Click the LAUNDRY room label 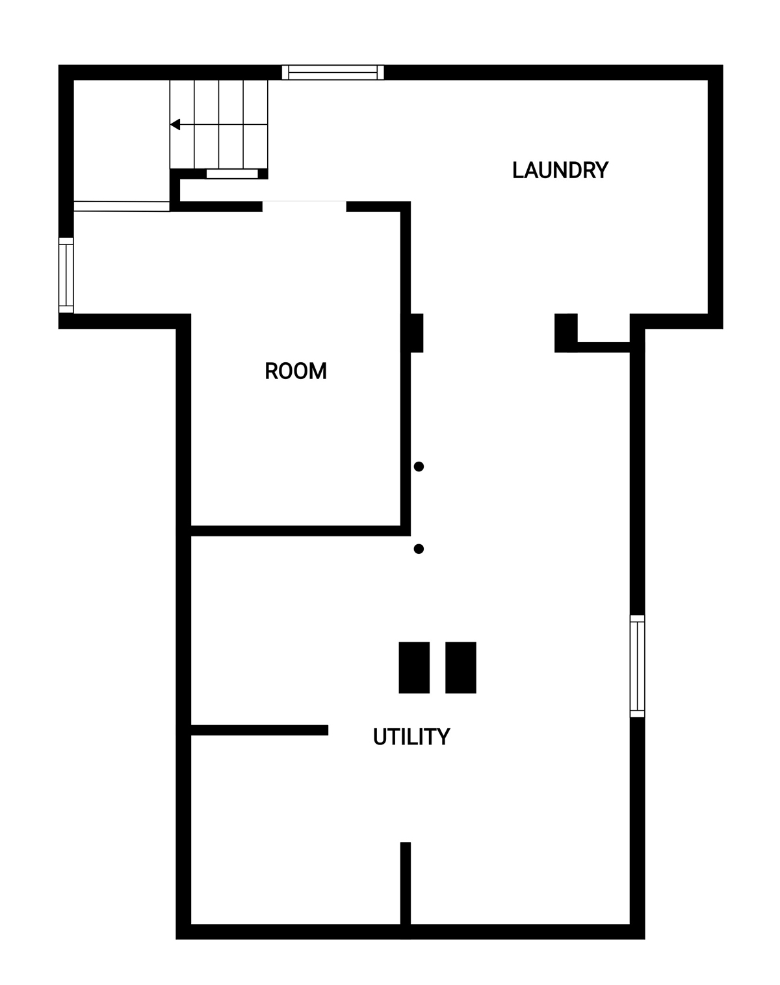click(x=560, y=170)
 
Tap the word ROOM click(x=296, y=371)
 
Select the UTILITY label click(x=411, y=737)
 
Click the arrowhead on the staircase click(x=175, y=124)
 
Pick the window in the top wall click(x=333, y=72)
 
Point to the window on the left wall click(x=66, y=275)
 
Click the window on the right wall click(x=637, y=666)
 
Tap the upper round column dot click(x=419, y=466)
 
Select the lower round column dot click(x=419, y=549)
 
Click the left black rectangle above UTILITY click(x=414, y=667)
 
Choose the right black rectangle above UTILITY click(x=461, y=667)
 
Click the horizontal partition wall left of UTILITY click(x=259, y=730)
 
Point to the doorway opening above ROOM click(x=304, y=206)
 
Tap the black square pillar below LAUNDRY click(x=565, y=334)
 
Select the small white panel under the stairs click(x=232, y=174)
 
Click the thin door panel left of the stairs click(x=122, y=207)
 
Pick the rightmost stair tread click(x=255, y=124)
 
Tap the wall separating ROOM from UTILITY click(x=300, y=531)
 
